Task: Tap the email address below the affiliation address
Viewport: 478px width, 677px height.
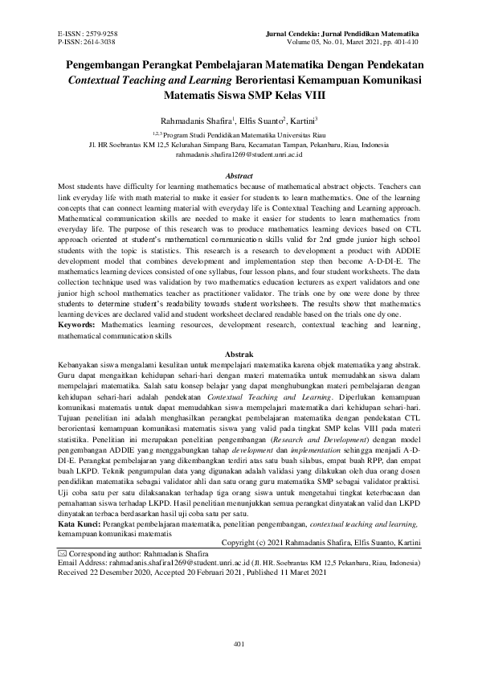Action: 239,152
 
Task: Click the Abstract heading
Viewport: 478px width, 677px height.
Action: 239,175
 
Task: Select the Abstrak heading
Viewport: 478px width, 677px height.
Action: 239,354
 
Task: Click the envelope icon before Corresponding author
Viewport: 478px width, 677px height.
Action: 63,554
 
